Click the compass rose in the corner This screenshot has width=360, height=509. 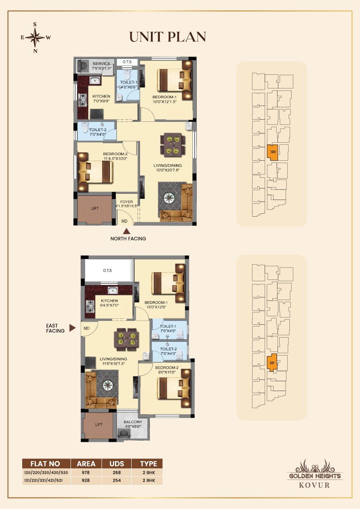click(35, 38)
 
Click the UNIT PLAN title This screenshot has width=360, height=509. click(168, 37)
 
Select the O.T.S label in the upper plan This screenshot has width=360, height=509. click(127, 62)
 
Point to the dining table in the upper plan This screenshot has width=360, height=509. click(173, 145)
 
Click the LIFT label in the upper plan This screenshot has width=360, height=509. click(95, 209)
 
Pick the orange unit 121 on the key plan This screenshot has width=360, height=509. click(272, 363)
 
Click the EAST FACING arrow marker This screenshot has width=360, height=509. click(72, 328)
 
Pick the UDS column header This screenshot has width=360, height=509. click(117, 464)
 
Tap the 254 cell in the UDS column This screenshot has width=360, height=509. click(117, 481)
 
